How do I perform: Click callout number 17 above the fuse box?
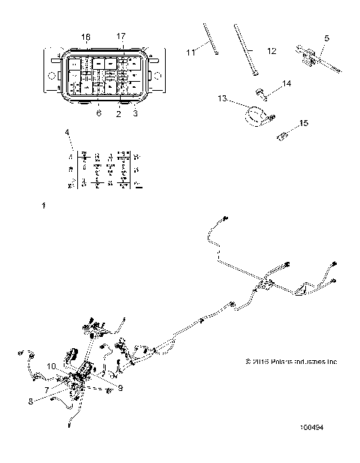click(x=121, y=36)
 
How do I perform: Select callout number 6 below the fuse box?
click(x=97, y=113)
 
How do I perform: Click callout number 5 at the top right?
click(x=326, y=37)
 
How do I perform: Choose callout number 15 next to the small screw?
click(x=303, y=122)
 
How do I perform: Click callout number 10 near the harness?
click(x=52, y=365)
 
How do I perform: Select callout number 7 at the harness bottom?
click(x=46, y=390)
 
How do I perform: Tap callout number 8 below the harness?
click(x=31, y=401)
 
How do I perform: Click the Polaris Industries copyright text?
click(x=292, y=360)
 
